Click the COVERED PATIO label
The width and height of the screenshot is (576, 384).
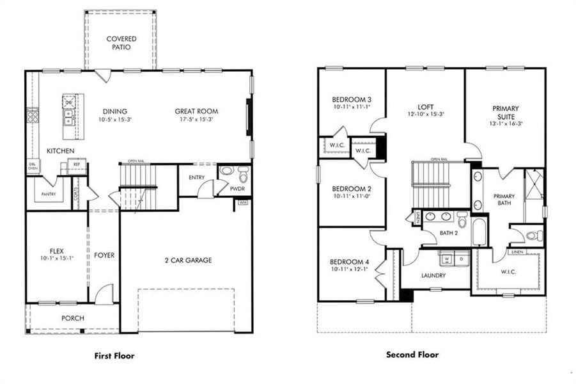pos(121,43)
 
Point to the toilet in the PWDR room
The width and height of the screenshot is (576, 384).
pos(242,173)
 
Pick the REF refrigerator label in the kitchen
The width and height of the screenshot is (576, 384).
pos(76,164)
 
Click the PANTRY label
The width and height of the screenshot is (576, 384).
pos(49,194)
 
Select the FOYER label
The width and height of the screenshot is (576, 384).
pos(104,255)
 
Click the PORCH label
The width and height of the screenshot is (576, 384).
pos(72,318)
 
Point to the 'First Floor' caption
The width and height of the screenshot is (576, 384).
pos(114,355)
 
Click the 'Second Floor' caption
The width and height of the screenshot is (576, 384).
pos(412,354)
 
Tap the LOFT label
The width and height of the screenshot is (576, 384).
pos(426,108)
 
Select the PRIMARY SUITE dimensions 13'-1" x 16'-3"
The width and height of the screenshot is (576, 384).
pos(505,124)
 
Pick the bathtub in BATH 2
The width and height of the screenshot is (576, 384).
pos(479,232)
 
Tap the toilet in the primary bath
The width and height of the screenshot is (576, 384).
pos(533,236)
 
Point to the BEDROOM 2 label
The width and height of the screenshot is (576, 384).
pos(352,189)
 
